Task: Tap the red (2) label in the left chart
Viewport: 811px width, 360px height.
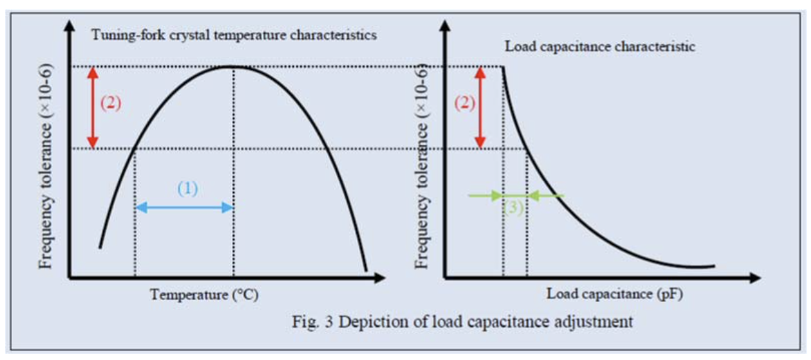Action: pos(111,102)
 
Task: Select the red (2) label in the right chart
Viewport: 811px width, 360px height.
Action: pos(465,102)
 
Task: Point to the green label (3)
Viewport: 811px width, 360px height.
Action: pos(512,207)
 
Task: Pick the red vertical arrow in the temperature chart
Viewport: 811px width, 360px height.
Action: pos(95,107)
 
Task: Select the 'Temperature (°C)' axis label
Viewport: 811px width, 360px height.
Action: pos(205,295)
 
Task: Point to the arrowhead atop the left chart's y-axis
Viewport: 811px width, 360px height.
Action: pos(69,26)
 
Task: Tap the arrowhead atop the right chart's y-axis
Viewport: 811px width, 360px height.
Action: pos(445,26)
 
